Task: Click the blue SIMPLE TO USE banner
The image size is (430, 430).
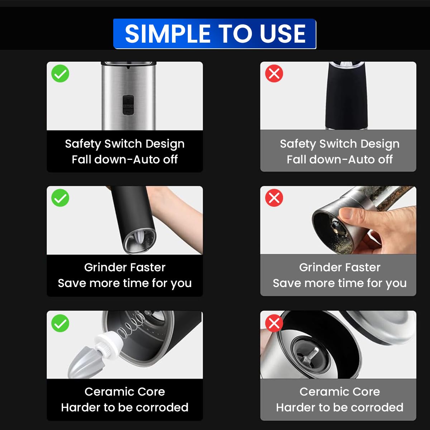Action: pyautogui.click(x=214, y=34)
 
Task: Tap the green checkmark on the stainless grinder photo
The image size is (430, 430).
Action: pyautogui.click(x=60, y=74)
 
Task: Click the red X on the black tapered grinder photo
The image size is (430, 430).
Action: pyautogui.click(x=274, y=74)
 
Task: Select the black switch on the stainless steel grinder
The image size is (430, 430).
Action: pyautogui.click(x=128, y=105)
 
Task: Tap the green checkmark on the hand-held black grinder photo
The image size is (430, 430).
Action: pyautogui.click(x=60, y=198)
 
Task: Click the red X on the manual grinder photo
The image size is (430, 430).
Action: pyautogui.click(x=274, y=198)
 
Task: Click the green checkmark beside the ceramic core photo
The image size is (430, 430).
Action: pyautogui.click(x=60, y=323)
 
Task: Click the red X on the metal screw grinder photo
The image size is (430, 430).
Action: pyautogui.click(x=274, y=323)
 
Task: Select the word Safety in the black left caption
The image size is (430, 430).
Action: pyautogui.click(x=83, y=144)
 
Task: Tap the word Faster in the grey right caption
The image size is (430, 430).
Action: pyautogui.click(x=363, y=267)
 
